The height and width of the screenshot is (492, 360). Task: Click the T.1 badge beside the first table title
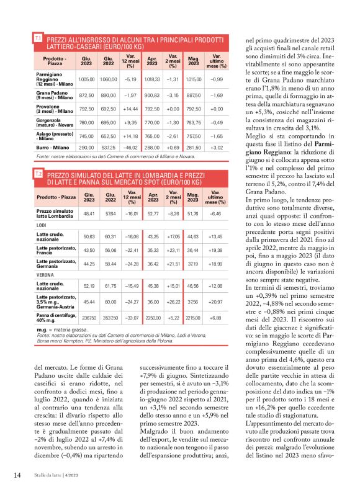pos(38,38)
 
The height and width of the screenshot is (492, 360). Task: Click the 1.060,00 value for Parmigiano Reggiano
pos(108,79)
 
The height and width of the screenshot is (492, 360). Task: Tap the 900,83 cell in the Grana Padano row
pos(152,96)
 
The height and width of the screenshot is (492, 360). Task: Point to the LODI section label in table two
pos(43,225)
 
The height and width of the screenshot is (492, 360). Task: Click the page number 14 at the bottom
pos(17,476)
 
